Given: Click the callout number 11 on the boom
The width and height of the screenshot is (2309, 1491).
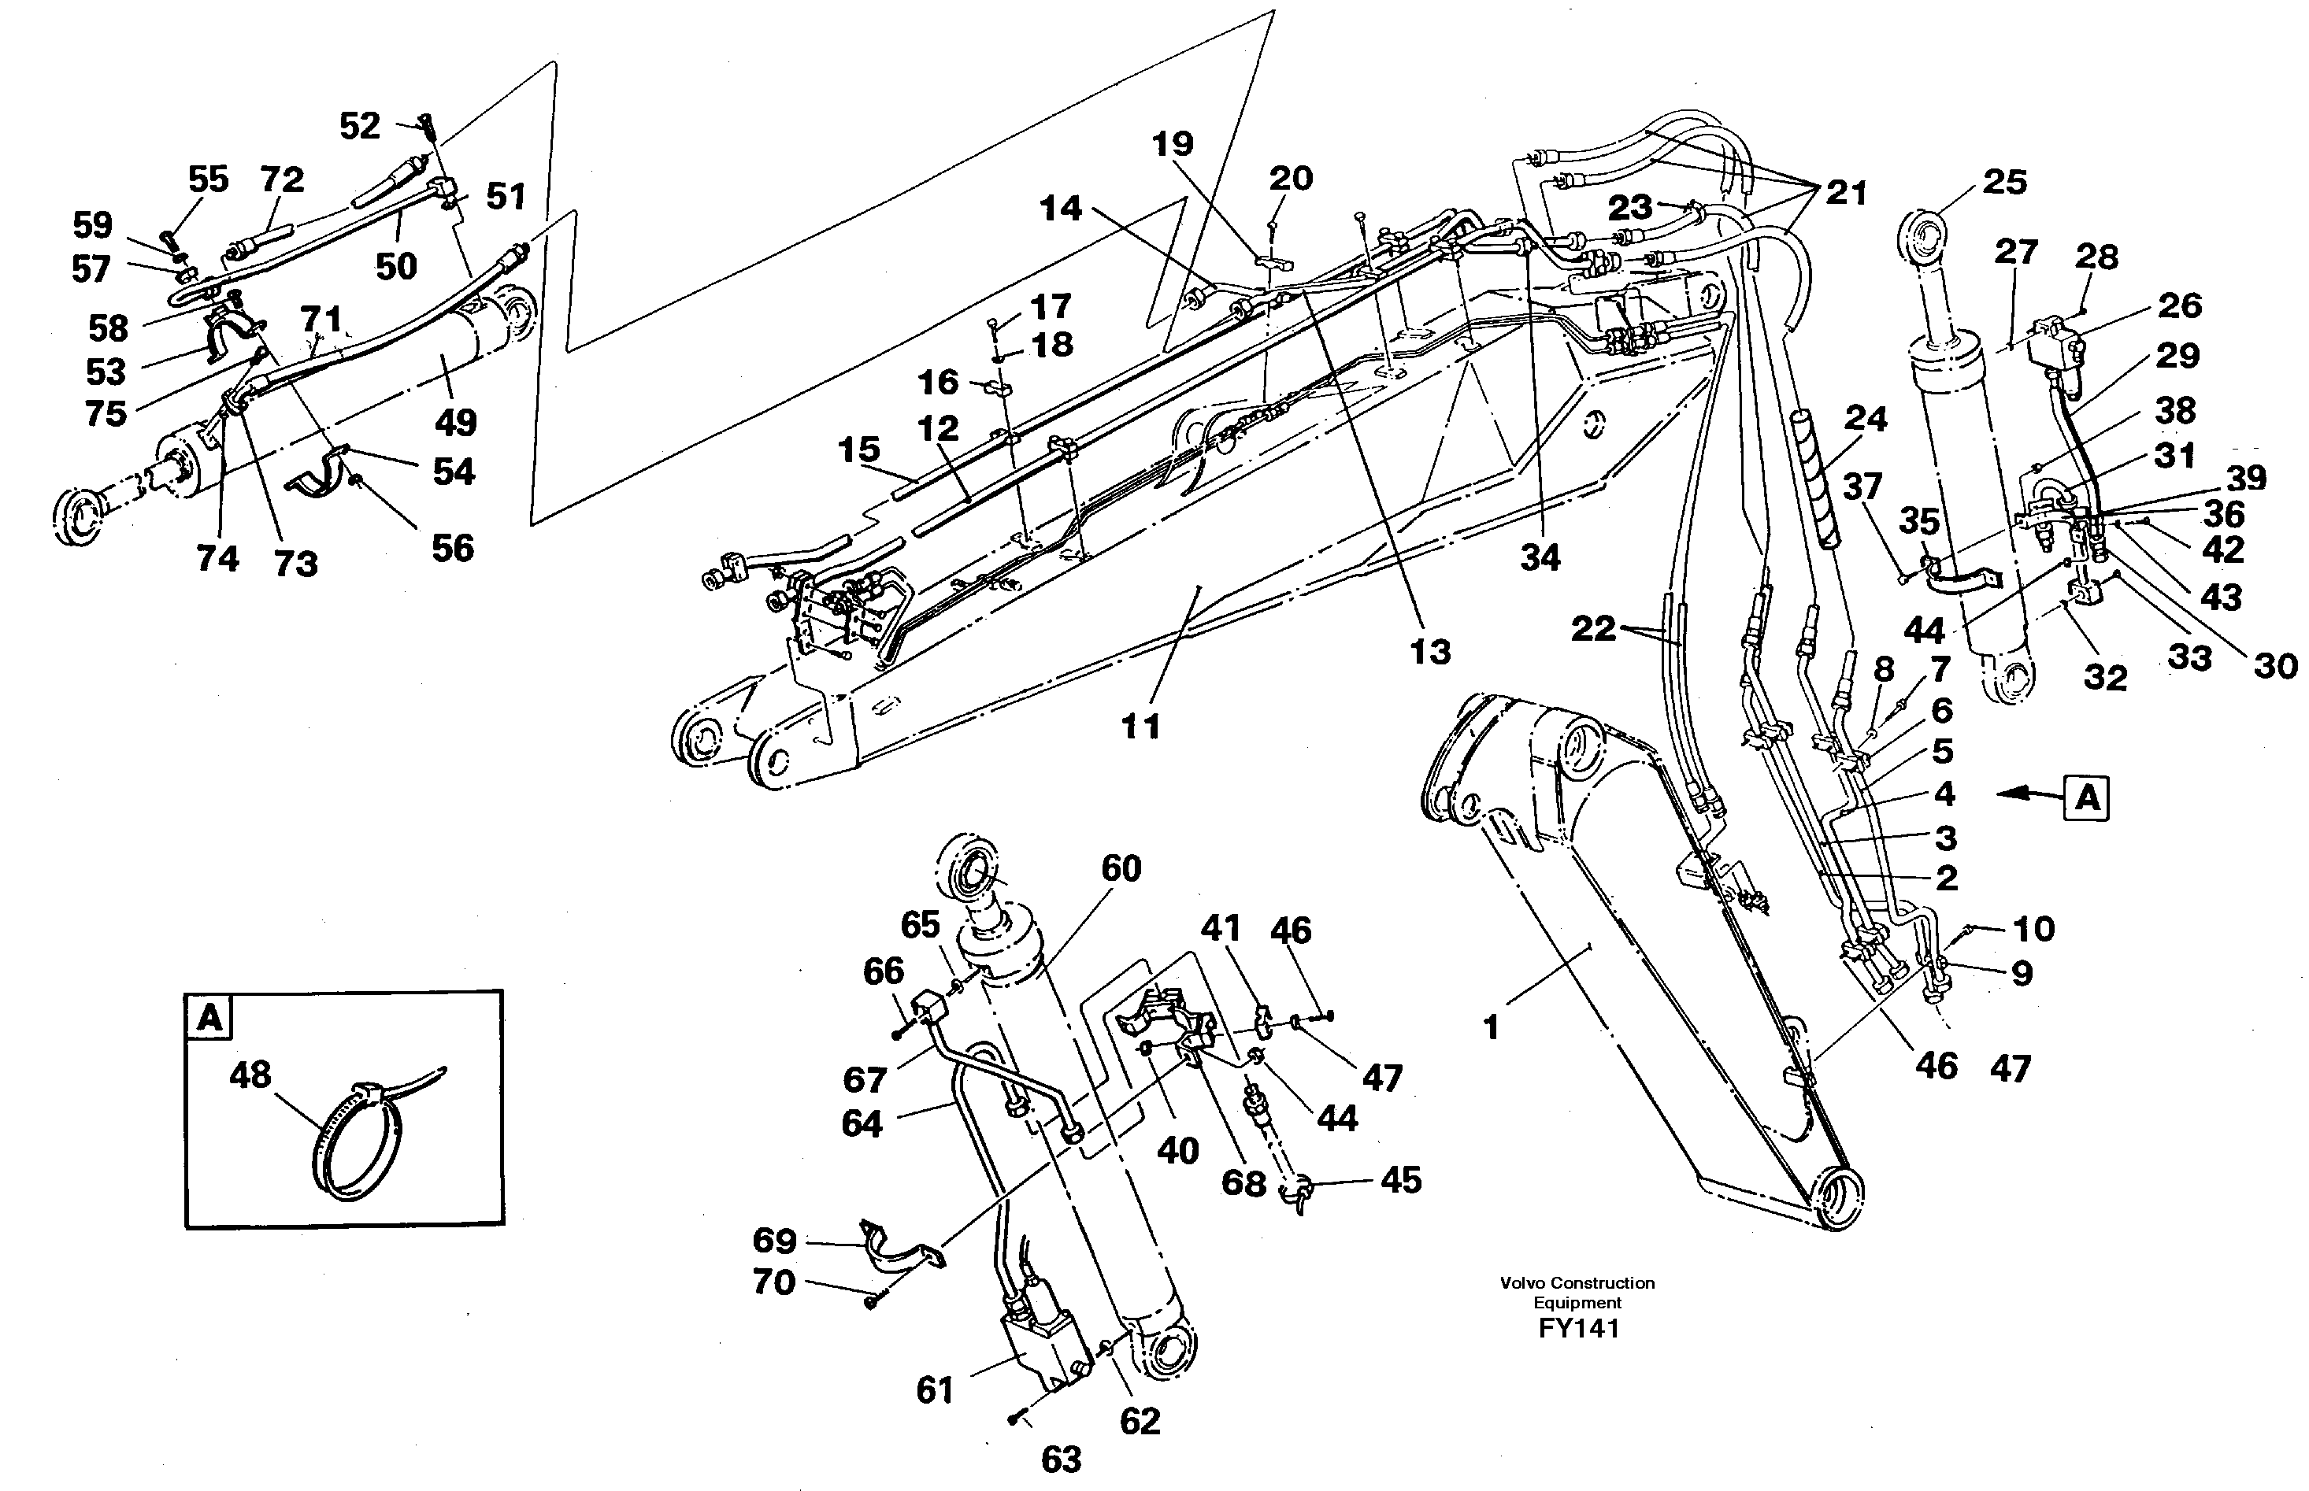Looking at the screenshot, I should point(1140,726).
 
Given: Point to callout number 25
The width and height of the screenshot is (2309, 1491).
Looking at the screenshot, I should point(2004,182).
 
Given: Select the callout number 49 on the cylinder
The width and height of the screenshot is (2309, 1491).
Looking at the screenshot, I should point(455,422).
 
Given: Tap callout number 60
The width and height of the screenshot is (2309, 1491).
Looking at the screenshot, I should point(1121,868).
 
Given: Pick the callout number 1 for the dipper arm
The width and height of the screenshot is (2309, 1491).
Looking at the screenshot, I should point(1492,1027).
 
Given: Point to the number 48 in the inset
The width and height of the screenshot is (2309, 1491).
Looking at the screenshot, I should point(250,1075).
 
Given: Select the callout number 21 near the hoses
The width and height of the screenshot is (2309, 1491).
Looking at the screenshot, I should point(1845,193).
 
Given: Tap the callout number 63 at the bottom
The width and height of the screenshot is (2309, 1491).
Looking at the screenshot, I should point(1061,1459).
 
